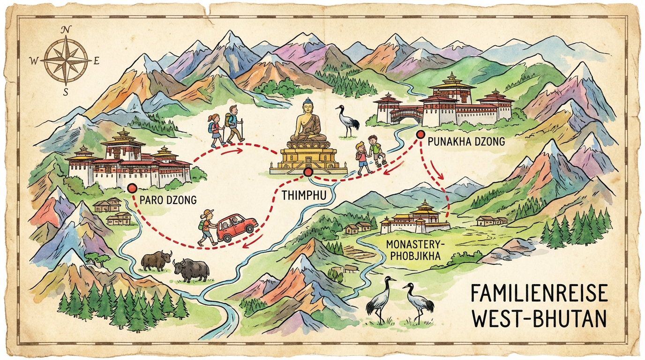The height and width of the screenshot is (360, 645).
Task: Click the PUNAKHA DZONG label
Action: click(x=466, y=141)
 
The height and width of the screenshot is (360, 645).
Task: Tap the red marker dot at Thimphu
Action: click(x=308, y=173)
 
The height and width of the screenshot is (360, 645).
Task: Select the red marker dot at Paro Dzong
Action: click(x=131, y=188)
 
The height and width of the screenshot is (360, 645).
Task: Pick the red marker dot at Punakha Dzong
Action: click(x=420, y=134)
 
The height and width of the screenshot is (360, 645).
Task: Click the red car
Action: click(x=237, y=226)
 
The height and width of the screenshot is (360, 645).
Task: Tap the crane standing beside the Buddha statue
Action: click(x=347, y=121)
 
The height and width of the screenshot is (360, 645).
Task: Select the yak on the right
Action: click(x=190, y=270)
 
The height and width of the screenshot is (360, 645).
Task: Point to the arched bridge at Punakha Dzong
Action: click(x=406, y=115)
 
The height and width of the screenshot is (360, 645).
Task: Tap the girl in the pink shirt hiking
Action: click(x=216, y=130)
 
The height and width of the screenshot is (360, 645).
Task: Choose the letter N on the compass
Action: click(x=66, y=30)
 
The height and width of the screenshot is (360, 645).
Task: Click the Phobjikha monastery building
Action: click(x=415, y=220)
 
